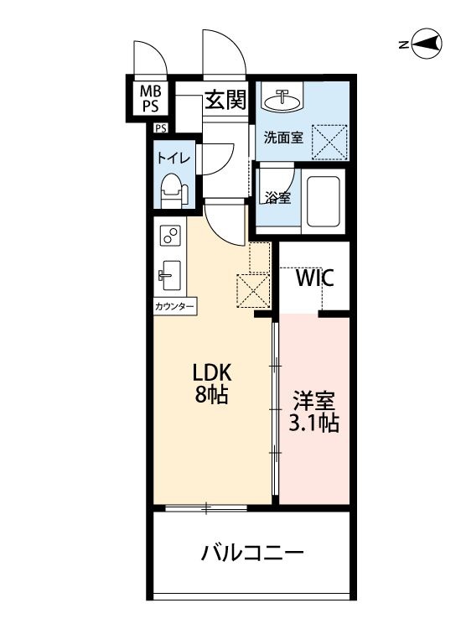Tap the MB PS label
(x=150, y=99)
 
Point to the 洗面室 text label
(x=283, y=138)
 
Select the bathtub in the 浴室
(x=323, y=200)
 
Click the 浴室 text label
(x=277, y=197)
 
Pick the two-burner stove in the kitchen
(x=170, y=236)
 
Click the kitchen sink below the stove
(x=169, y=275)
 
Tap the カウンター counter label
(x=174, y=307)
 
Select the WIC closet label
(x=314, y=278)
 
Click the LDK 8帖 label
(x=212, y=383)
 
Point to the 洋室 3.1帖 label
(x=313, y=412)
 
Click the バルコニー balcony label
(x=252, y=554)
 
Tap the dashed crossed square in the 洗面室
(x=329, y=143)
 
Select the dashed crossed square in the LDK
(x=253, y=290)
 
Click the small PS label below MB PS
(x=161, y=128)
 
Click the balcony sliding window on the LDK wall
(x=206, y=509)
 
